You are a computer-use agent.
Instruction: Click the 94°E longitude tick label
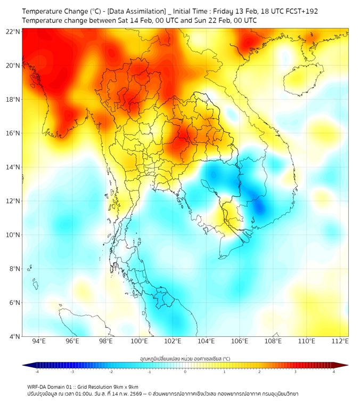click(39, 341)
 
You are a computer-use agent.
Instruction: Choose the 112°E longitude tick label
click(340, 341)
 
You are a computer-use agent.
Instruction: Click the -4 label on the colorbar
click(37, 372)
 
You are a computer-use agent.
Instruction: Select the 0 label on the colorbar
click(185, 372)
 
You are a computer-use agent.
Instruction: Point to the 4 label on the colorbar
click(333, 372)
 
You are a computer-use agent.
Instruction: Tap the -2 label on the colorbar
click(111, 372)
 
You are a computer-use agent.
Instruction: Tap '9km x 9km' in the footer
click(126, 386)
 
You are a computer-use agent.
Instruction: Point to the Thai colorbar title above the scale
click(185, 359)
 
